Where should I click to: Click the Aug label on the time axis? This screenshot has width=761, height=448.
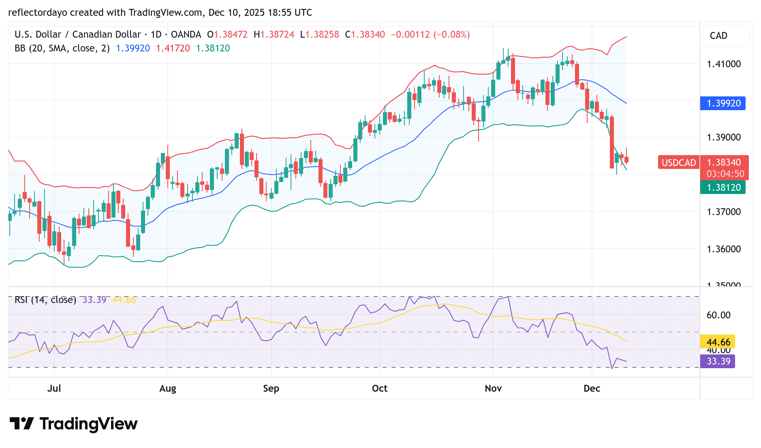click(167, 388)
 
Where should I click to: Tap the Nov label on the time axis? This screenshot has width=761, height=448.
click(493, 388)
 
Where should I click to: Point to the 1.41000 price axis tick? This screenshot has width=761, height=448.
click(723, 64)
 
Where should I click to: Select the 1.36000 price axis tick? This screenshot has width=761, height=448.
click(723, 249)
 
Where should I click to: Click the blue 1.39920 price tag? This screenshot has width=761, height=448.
click(723, 103)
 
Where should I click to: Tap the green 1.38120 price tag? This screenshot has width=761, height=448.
click(723, 188)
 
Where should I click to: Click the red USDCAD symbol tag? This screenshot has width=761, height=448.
click(678, 163)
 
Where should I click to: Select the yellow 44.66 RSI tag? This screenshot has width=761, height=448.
click(718, 342)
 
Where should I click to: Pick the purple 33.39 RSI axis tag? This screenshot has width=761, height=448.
click(718, 361)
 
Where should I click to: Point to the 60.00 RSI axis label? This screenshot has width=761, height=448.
click(718, 315)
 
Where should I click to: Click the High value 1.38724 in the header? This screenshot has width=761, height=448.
click(277, 34)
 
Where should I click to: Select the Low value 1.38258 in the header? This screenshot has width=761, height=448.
click(322, 34)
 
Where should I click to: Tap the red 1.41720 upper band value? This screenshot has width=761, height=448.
click(173, 48)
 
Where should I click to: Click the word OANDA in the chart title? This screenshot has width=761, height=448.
click(186, 34)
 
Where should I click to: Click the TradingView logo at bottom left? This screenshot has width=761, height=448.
click(73, 424)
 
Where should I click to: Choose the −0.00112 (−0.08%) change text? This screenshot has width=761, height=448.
click(430, 34)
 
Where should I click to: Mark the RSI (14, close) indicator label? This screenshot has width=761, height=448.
click(45, 300)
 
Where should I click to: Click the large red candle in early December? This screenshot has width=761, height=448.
click(612, 142)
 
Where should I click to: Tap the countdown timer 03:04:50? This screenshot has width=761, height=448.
click(725, 174)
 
